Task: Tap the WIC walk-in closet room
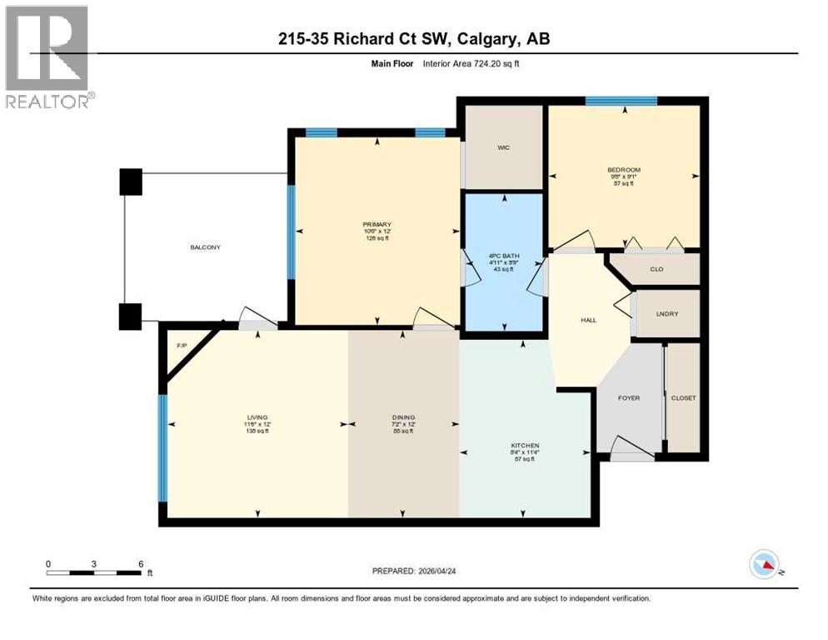(x=503, y=147)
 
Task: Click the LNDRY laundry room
(x=667, y=314)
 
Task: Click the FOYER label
(x=629, y=398)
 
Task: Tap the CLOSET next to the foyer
(x=683, y=398)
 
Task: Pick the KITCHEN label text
(x=526, y=446)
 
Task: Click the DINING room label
(x=403, y=417)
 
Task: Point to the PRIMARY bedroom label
(x=377, y=224)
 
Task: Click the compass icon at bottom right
(x=764, y=564)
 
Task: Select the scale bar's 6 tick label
(x=142, y=564)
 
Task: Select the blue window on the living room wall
(x=163, y=447)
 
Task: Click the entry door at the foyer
(x=633, y=454)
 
